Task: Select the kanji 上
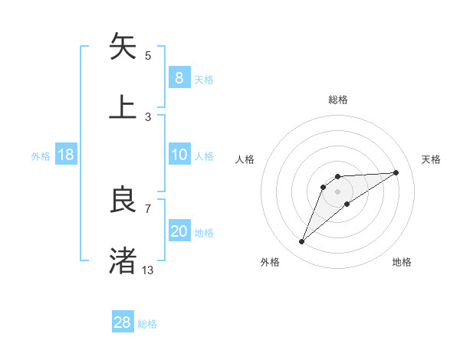123,106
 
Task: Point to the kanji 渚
123,260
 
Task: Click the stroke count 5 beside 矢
148,55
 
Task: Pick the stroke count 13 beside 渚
148,270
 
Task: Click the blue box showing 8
179,78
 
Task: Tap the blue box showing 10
179,155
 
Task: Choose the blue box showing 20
179,231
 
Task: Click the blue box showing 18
66,155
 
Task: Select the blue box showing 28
123,322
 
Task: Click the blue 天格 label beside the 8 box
204,79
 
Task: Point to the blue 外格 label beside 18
41,155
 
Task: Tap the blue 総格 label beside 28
147,323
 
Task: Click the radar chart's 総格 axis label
338,100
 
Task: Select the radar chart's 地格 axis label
402,262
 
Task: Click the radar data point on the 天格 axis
396,172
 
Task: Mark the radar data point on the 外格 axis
301,242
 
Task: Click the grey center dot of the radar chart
337,191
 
